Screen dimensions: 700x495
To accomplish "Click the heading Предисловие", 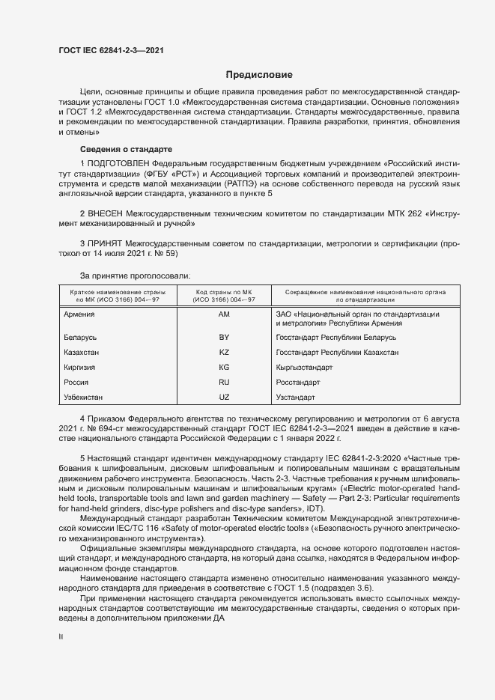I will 259,75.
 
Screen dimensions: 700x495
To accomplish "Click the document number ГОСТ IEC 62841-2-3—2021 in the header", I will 111,50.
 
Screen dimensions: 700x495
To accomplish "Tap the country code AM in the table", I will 223,314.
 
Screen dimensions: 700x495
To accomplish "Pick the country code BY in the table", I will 223,338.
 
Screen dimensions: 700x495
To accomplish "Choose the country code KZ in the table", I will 223,352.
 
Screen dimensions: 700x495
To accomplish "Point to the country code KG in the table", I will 223,367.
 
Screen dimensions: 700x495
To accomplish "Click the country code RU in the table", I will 223,382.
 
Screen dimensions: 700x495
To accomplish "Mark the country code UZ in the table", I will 223,396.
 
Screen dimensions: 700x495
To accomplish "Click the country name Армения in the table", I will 79,314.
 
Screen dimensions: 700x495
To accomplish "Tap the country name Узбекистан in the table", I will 84,396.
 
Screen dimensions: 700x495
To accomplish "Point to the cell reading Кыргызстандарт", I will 304,367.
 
